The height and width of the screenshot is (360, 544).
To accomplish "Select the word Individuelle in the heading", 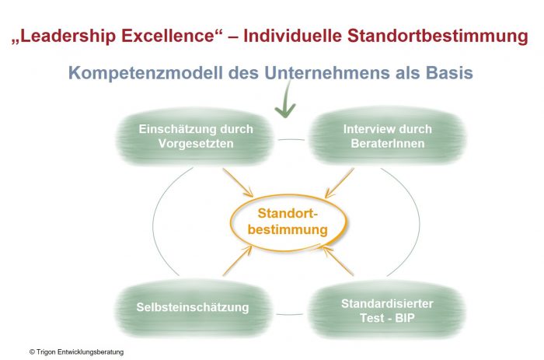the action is (292, 36).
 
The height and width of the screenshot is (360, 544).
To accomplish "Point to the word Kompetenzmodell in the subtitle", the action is (146, 73).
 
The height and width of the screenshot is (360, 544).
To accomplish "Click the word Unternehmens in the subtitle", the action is (327, 72).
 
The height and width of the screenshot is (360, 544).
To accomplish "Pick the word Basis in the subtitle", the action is (449, 72).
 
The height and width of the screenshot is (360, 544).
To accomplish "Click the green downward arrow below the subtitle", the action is (286, 99).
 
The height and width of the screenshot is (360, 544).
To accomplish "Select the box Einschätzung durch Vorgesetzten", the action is (195, 136).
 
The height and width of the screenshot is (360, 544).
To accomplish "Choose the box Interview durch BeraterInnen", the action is (387, 136).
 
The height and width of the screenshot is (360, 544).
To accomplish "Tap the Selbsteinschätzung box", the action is (193, 308).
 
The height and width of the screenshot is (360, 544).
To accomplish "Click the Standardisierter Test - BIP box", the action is (387, 310).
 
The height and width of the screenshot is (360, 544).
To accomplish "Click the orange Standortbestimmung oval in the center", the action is (288, 222).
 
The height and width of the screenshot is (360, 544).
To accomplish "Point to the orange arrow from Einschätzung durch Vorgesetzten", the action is (238, 183).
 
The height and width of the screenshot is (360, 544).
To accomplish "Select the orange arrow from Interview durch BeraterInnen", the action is (340, 183).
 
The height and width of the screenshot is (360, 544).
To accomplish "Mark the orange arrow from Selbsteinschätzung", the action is (237, 260).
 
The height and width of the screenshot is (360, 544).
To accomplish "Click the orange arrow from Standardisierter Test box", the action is (338, 260).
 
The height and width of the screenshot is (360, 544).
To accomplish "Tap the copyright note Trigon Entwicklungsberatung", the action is (77, 352).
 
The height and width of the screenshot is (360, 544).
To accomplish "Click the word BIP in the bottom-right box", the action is (405, 318).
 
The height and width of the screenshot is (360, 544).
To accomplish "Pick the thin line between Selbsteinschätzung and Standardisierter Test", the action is (290, 315).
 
